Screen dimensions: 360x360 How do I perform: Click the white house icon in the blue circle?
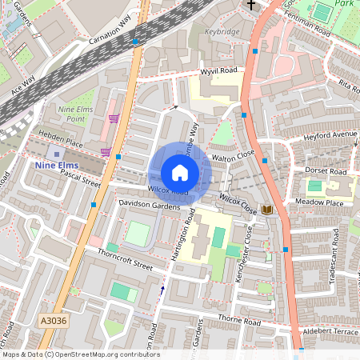click(180, 173)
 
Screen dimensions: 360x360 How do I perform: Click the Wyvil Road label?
click(218, 71)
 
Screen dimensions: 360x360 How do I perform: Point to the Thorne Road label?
click(241, 322)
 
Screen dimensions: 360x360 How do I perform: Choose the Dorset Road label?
click(326, 171)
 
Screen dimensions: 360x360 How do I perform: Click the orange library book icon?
click(267, 210)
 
